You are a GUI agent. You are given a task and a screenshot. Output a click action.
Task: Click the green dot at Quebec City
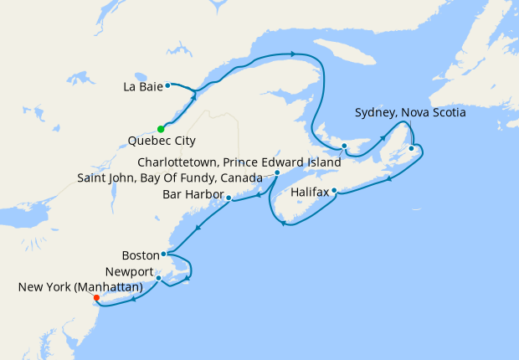(160, 129)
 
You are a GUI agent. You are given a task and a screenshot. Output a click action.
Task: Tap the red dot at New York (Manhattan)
(96, 297)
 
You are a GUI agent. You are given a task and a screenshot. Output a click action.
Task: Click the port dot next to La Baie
(167, 85)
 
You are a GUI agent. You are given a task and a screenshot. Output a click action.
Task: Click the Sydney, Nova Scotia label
(410, 112)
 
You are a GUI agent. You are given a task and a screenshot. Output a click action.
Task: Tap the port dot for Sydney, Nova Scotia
(411, 149)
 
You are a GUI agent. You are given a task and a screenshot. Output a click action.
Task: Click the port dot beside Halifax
(334, 191)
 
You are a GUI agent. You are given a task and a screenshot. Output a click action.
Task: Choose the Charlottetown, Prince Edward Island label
(239, 162)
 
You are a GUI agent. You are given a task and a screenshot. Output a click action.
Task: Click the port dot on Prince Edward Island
(344, 147)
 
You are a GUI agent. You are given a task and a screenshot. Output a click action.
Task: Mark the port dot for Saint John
(277, 173)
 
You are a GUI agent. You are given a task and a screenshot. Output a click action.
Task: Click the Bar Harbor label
(192, 196)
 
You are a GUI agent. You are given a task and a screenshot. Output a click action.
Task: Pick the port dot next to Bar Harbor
(229, 198)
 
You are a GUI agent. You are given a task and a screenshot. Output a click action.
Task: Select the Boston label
(139, 255)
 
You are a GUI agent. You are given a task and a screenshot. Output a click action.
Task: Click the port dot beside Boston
(163, 254)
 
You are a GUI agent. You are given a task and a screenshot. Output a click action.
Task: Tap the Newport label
(130, 273)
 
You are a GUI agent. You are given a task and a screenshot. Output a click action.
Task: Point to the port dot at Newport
(158, 278)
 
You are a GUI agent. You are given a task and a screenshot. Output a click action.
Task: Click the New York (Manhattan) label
(80, 287)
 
